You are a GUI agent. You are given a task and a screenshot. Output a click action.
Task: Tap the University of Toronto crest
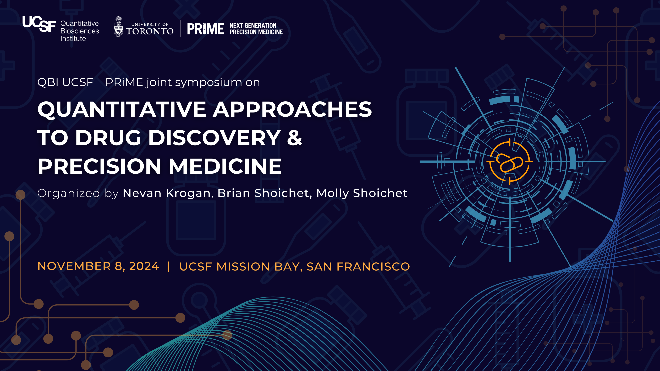click(118, 27)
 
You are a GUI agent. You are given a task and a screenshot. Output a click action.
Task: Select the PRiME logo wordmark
click(206, 29)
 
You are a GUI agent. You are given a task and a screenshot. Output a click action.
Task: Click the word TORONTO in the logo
click(150, 31)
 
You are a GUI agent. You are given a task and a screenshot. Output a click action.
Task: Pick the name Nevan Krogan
click(167, 193)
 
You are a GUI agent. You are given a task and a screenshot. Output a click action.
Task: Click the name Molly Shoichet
click(362, 193)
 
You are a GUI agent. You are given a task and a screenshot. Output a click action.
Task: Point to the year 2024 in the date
click(144, 266)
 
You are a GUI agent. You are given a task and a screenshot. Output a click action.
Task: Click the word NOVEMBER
click(74, 266)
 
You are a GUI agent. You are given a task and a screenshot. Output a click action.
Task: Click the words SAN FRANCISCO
click(358, 267)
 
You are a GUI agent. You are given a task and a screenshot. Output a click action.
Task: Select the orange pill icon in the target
click(509, 163)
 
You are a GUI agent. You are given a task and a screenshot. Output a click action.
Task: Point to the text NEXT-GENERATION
click(253, 26)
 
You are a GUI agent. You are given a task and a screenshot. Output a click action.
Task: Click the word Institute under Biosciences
click(73, 39)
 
